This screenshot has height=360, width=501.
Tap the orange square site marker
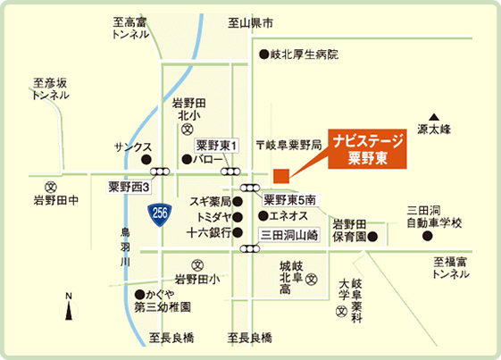[x=280, y=174]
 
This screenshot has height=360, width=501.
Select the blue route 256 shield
[x=159, y=213]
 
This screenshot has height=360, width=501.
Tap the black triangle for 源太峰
[x=434, y=117]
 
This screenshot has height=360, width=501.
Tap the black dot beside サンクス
[x=146, y=160]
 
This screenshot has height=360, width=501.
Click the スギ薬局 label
[x=211, y=201]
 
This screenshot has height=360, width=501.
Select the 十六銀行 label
[x=210, y=232]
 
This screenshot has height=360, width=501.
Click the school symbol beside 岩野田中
[x=51, y=188]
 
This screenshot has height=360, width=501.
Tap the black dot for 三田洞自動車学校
[x=427, y=237]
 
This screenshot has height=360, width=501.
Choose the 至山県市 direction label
[x=251, y=21]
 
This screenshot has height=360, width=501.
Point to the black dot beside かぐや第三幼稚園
[x=138, y=294]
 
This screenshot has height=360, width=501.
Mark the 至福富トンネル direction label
[x=451, y=268]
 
